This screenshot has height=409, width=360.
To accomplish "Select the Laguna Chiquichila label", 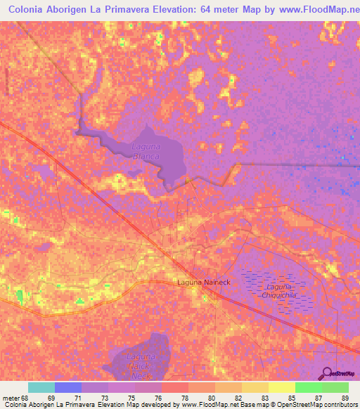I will pos(280,291).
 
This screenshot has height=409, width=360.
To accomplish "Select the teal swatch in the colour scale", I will pos(41,387).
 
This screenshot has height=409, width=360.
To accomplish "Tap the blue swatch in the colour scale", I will pos(68,387).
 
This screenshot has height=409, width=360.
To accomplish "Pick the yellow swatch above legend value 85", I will pos(281,387).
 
